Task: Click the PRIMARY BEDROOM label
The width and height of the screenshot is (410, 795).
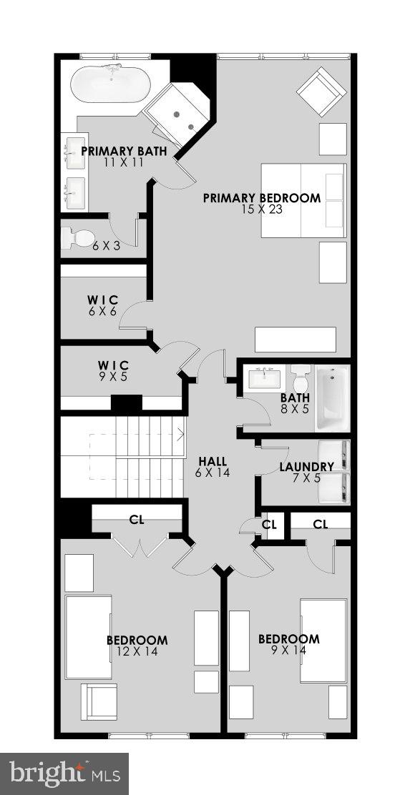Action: pos(261,198)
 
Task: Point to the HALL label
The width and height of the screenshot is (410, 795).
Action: pos(213,462)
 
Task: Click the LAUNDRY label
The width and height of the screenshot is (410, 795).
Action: pos(306,467)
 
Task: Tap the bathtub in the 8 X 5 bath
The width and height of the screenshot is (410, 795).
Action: pos(332,399)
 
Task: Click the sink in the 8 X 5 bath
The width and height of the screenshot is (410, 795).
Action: pos(266,377)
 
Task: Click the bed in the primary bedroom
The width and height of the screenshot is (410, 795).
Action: pos(303,200)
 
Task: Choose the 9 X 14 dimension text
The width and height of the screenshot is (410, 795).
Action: pos(288,650)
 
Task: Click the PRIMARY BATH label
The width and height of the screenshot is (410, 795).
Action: pos(124,151)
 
